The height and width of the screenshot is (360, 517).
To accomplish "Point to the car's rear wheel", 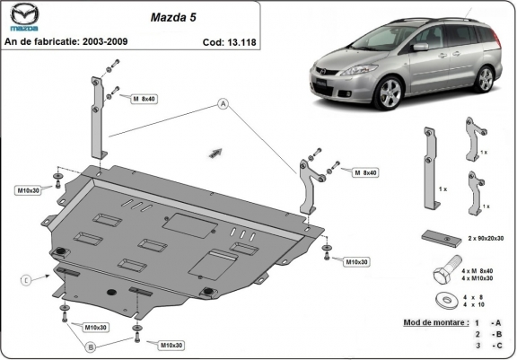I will pyautogui.click(x=486, y=80).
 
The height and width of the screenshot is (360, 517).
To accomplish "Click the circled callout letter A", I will pyautogui.click(x=221, y=105).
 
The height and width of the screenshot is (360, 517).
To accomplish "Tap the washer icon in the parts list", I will pyautogui.click(x=442, y=299).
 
